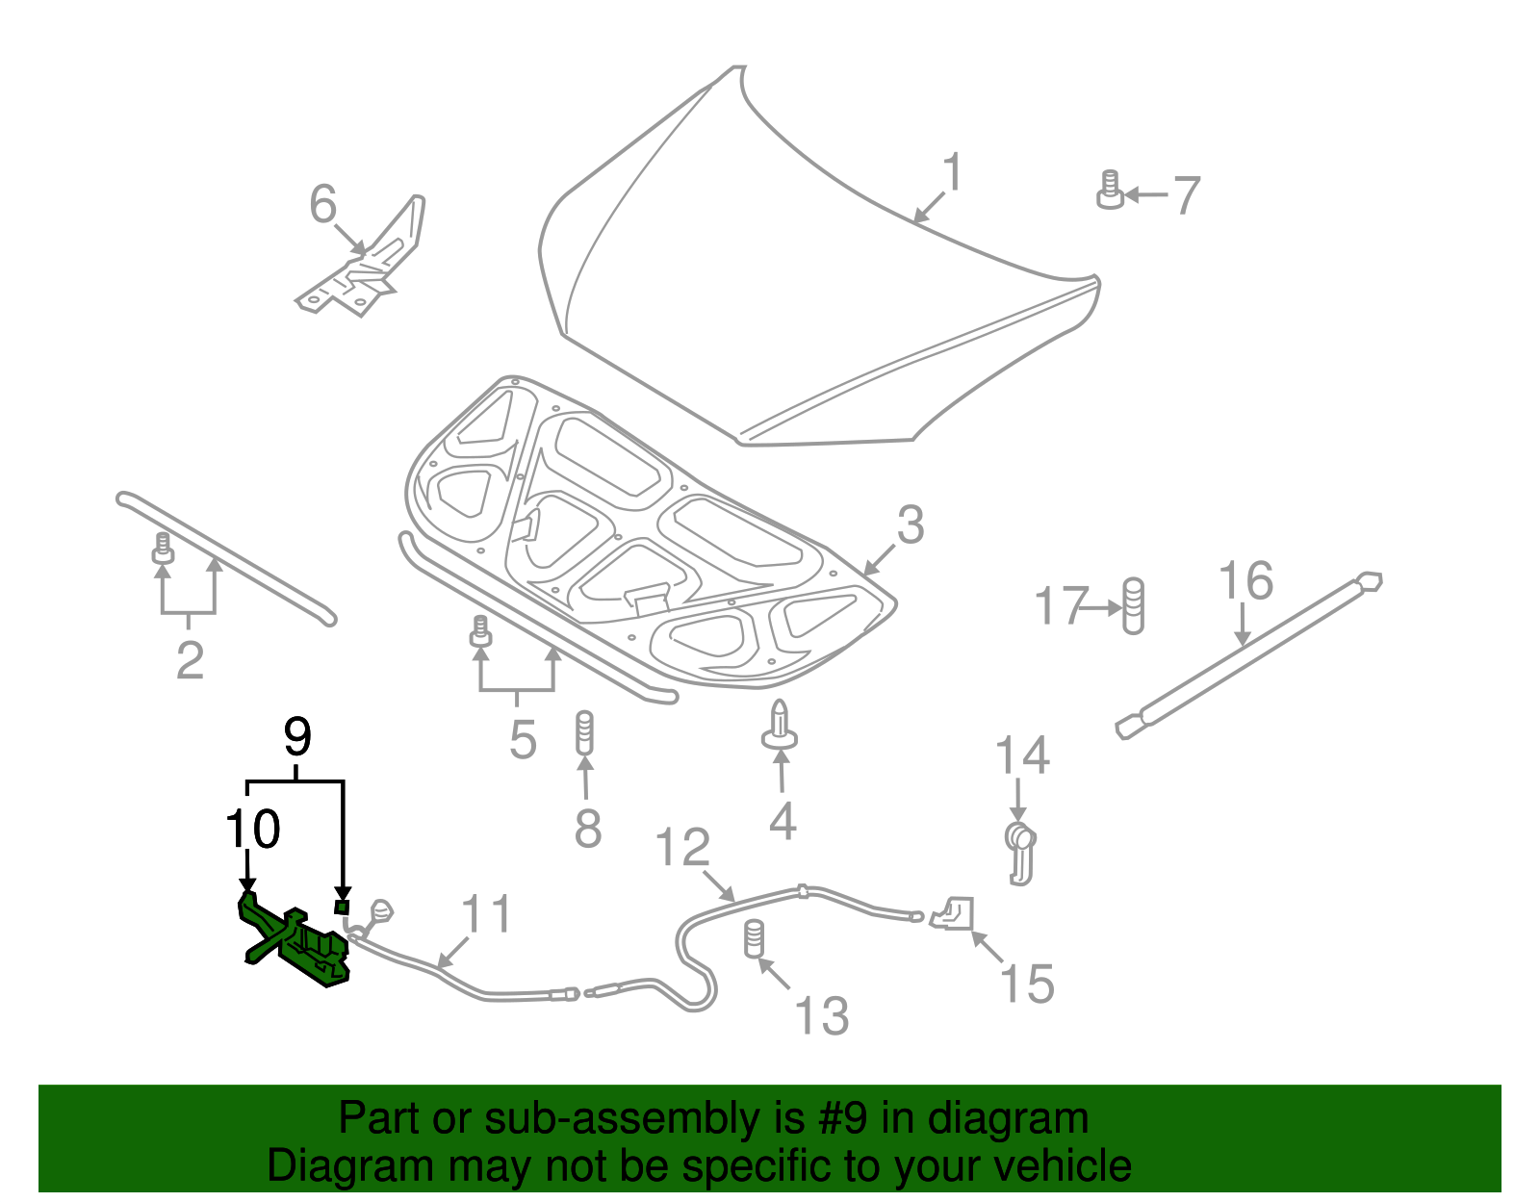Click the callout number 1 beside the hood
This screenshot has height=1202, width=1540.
point(952,173)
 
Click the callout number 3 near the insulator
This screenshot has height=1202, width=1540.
point(910,525)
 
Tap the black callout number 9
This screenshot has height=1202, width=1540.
point(297,738)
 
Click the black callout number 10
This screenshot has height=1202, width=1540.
point(253,829)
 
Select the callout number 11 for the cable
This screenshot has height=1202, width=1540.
point(486,914)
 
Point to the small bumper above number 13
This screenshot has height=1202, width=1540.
point(754,937)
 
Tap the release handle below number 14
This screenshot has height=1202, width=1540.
point(1020,851)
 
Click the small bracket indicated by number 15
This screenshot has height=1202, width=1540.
point(953,912)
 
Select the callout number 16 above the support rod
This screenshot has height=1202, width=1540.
point(1245,581)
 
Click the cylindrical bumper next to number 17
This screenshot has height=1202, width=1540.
point(1134,605)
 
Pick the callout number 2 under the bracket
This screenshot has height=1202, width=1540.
point(190,660)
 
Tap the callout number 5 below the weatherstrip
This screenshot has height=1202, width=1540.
point(522,739)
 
